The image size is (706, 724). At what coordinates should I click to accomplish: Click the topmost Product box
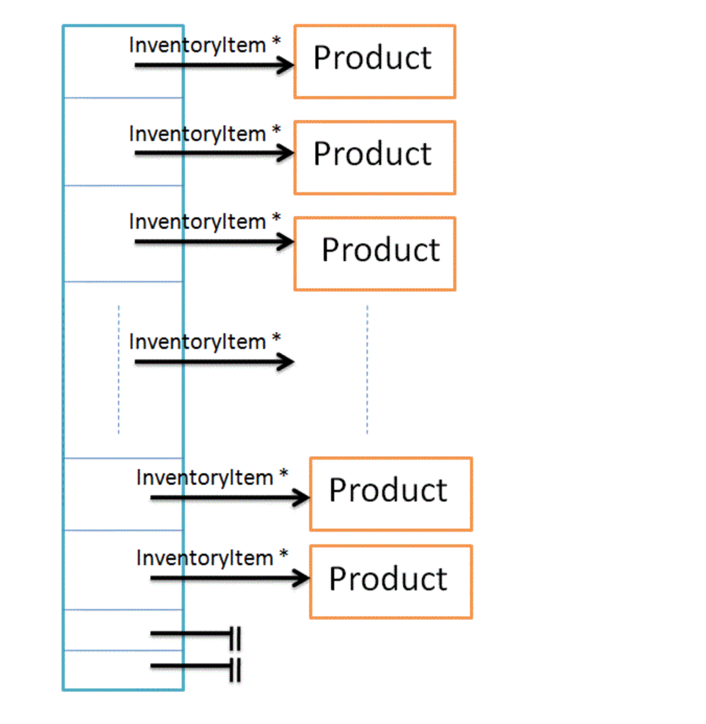pyautogui.click(x=375, y=62)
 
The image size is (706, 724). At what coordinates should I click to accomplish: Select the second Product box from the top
pyautogui.click(x=375, y=157)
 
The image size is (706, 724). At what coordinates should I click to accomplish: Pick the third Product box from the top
pyautogui.click(x=375, y=253)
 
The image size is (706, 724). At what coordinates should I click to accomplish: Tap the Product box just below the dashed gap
pyautogui.click(x=390, y=494)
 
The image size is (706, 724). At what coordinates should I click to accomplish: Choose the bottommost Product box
pyautogui.click(x=390, y=581)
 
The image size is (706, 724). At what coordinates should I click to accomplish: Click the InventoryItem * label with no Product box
pyautogui.click(x=204, y=341)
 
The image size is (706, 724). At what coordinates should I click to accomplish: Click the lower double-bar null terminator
pyautogui.click(x=235, y=669)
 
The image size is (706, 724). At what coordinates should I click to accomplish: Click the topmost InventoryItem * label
pyautogui.click(x=204, y=45)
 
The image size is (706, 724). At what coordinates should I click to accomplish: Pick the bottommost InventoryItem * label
pyautogui.click(x=211, y=558)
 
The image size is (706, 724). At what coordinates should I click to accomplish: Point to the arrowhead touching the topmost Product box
pyautogui.click(x=286, y=66)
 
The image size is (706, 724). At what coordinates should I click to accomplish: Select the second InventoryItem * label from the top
pyautogui.click(x=204, y=133)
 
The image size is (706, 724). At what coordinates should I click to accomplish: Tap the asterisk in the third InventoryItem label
pyautogui.click(x=276, y=218)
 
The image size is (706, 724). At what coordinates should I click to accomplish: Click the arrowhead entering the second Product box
pyautogui.click(x=286, y=153)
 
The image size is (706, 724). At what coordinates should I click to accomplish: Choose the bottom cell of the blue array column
pyautogui.click(x=123, y=670)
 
